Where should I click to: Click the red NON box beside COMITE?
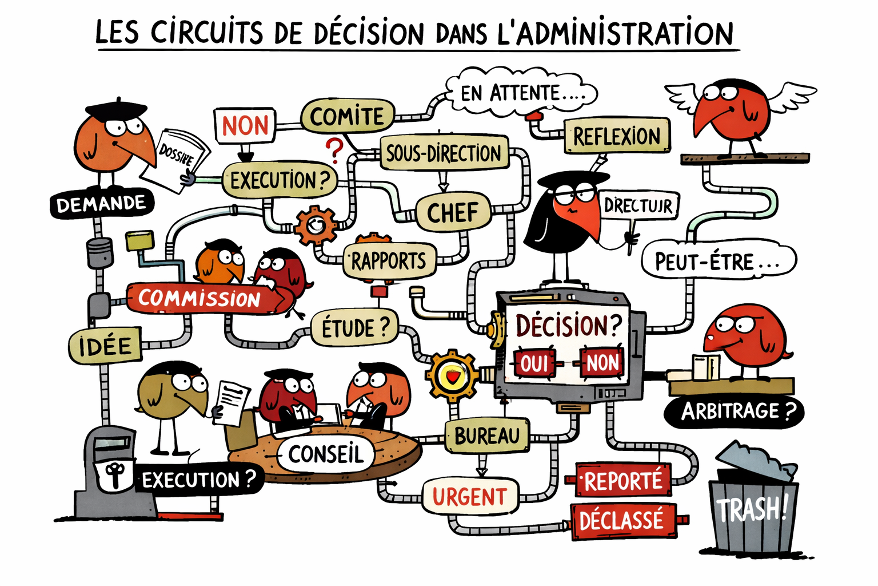point(245,126)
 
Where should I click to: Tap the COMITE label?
point(348,117)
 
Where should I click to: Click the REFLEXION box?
point(617,136)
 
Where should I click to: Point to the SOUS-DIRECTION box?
point(444,153)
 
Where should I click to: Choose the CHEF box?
point(453,212)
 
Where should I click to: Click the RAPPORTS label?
point(389,261)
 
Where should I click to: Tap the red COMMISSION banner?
point(199,298)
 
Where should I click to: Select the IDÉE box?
point(105,346)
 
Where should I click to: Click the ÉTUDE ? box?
point(354,328)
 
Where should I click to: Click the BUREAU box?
point(487,436)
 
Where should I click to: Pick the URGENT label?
point(469,496)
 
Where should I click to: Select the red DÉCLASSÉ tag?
point(622,521)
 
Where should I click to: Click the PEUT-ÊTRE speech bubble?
point(718,262)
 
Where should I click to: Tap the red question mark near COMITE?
point(334,151)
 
